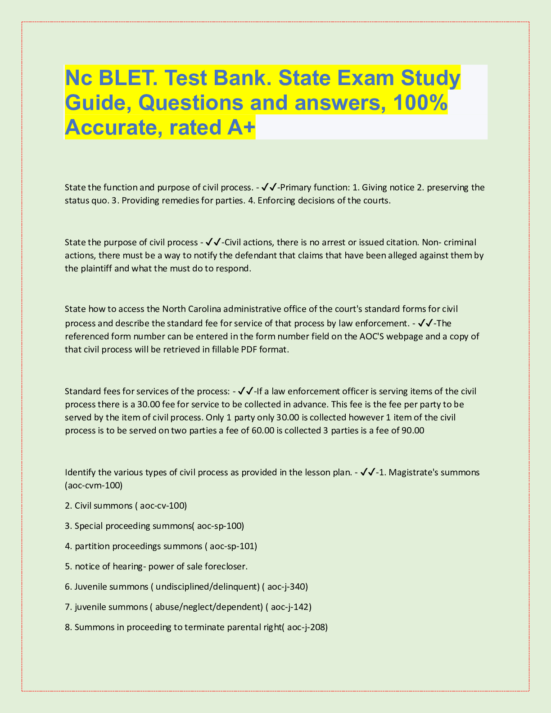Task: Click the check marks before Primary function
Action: (x=269, y=187)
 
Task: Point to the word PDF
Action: (x=249, y=349)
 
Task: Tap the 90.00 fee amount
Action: (x=412, y=430)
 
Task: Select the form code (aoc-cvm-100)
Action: (x=94, y=485)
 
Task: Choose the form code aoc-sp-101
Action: (x=233, y=546)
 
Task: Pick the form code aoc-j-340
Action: (x=287, y=587)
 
